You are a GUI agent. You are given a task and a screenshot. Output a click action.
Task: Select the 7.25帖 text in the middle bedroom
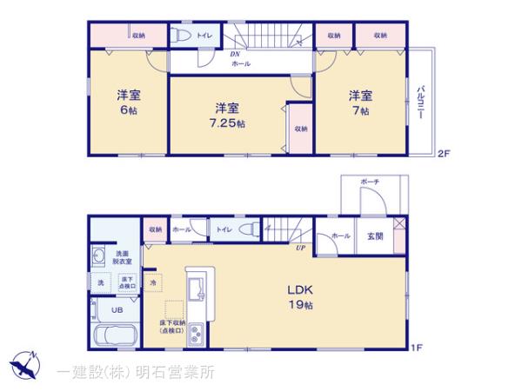coord(229,124)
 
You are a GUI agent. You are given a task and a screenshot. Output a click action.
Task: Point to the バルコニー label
coord(421,103)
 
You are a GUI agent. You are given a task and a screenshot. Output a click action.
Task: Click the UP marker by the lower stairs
coord(299,249)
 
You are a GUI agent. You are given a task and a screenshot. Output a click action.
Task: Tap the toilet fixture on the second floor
coord(180,36)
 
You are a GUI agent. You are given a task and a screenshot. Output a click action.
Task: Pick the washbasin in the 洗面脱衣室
coord(97,257)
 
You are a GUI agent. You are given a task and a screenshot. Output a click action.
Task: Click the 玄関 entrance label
coord(375,235)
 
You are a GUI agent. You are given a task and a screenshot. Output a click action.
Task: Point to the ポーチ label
coord(370,181)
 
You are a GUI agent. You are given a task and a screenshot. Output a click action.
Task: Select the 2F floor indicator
coord(443,154)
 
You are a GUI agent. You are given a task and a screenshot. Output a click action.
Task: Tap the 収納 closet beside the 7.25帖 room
coord(300,128)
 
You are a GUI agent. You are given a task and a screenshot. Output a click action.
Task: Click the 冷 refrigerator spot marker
coord(153,283)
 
